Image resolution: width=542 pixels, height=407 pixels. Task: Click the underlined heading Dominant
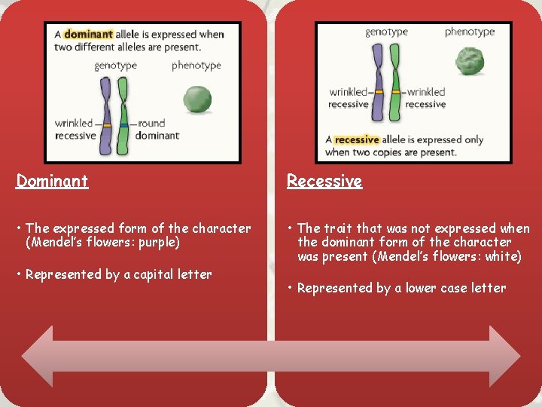tap(52, 181)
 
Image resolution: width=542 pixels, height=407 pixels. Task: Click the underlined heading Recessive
tap(324, 181)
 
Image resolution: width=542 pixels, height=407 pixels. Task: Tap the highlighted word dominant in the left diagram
tap(89, 34)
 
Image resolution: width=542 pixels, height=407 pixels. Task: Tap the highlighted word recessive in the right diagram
tap(357, 139)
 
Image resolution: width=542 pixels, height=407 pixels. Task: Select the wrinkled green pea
tap(470, 61)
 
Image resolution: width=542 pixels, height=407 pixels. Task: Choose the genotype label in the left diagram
tap(116, 66)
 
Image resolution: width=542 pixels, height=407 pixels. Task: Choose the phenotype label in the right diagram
tap(470, 32)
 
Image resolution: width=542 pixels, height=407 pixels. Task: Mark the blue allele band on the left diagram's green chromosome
tap(124, 124)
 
